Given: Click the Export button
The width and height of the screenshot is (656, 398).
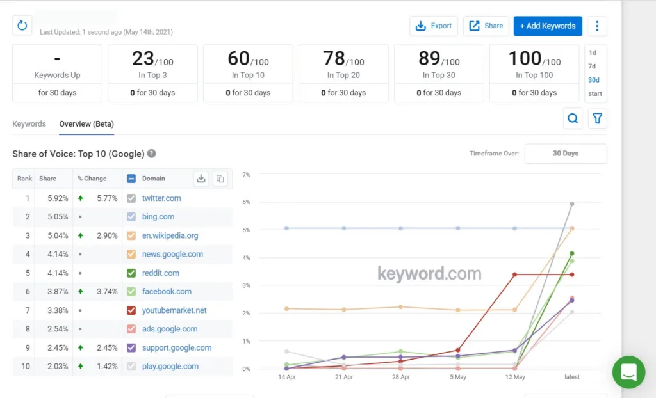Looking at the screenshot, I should (x=434, y=26).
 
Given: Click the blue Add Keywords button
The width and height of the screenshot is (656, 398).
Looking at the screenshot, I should (x=547, y=26).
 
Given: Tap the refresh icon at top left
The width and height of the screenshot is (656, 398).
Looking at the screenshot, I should (x=22, y=26).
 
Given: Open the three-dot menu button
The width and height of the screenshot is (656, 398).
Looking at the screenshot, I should (x=597, y=26).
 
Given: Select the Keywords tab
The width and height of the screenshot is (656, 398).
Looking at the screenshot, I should (x=29, y=123).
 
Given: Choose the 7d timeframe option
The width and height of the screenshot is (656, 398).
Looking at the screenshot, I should (x=592, y=67).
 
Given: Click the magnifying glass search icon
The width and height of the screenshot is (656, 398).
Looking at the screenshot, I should (x=573, y=118).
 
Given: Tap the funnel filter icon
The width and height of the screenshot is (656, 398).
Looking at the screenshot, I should (x=597, y=118).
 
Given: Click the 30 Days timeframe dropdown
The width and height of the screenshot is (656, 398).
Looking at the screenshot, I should (x=565, y=154).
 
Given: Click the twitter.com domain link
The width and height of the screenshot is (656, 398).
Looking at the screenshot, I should (x=161, y=198).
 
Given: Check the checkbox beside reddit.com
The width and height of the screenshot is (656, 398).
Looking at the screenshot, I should (x=131, y=273).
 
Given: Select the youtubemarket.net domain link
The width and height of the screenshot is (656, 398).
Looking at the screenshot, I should (x=174, y=310).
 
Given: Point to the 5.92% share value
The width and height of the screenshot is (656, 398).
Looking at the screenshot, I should (x=58, y=198).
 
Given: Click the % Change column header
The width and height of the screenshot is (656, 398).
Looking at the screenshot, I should (x=92, y=179).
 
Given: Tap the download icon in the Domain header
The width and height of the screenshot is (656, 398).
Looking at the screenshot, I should (x=201, y=179).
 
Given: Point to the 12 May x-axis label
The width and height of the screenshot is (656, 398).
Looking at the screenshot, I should (x=514, y=377).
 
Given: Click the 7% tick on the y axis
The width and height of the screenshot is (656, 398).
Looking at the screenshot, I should (x=245, y=174).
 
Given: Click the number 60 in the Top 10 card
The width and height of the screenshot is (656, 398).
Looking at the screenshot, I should (x=238, y=59).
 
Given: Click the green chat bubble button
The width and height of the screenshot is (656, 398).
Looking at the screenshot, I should (x=628, y=372).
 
